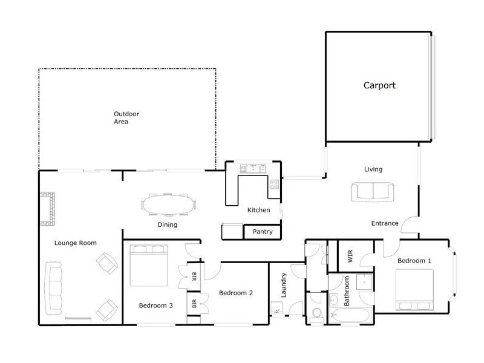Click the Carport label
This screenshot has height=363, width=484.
[379, 85]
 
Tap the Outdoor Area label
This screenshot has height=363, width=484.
[126, 117]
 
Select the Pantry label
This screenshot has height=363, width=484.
[263, 232]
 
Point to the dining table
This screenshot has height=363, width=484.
[169, 204]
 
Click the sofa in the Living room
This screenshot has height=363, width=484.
[373, 192]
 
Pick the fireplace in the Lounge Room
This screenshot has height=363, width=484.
[48, 208]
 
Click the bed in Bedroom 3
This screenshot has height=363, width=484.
[149, 266]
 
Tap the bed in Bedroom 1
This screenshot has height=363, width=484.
[414, 290]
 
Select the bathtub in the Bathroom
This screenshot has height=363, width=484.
[349, 315]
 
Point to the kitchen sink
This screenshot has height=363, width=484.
[253, 169]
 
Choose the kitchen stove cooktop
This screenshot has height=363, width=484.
[275, 185]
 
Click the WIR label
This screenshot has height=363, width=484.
[350, 256]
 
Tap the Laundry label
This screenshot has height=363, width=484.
[283, 285]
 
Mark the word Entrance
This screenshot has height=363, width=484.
[385, 223]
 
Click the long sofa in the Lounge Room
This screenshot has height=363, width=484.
[53, 288]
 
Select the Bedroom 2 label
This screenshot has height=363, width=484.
[236, 293]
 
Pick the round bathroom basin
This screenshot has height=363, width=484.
[334, 299]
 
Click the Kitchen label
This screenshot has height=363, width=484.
[259, 210]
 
